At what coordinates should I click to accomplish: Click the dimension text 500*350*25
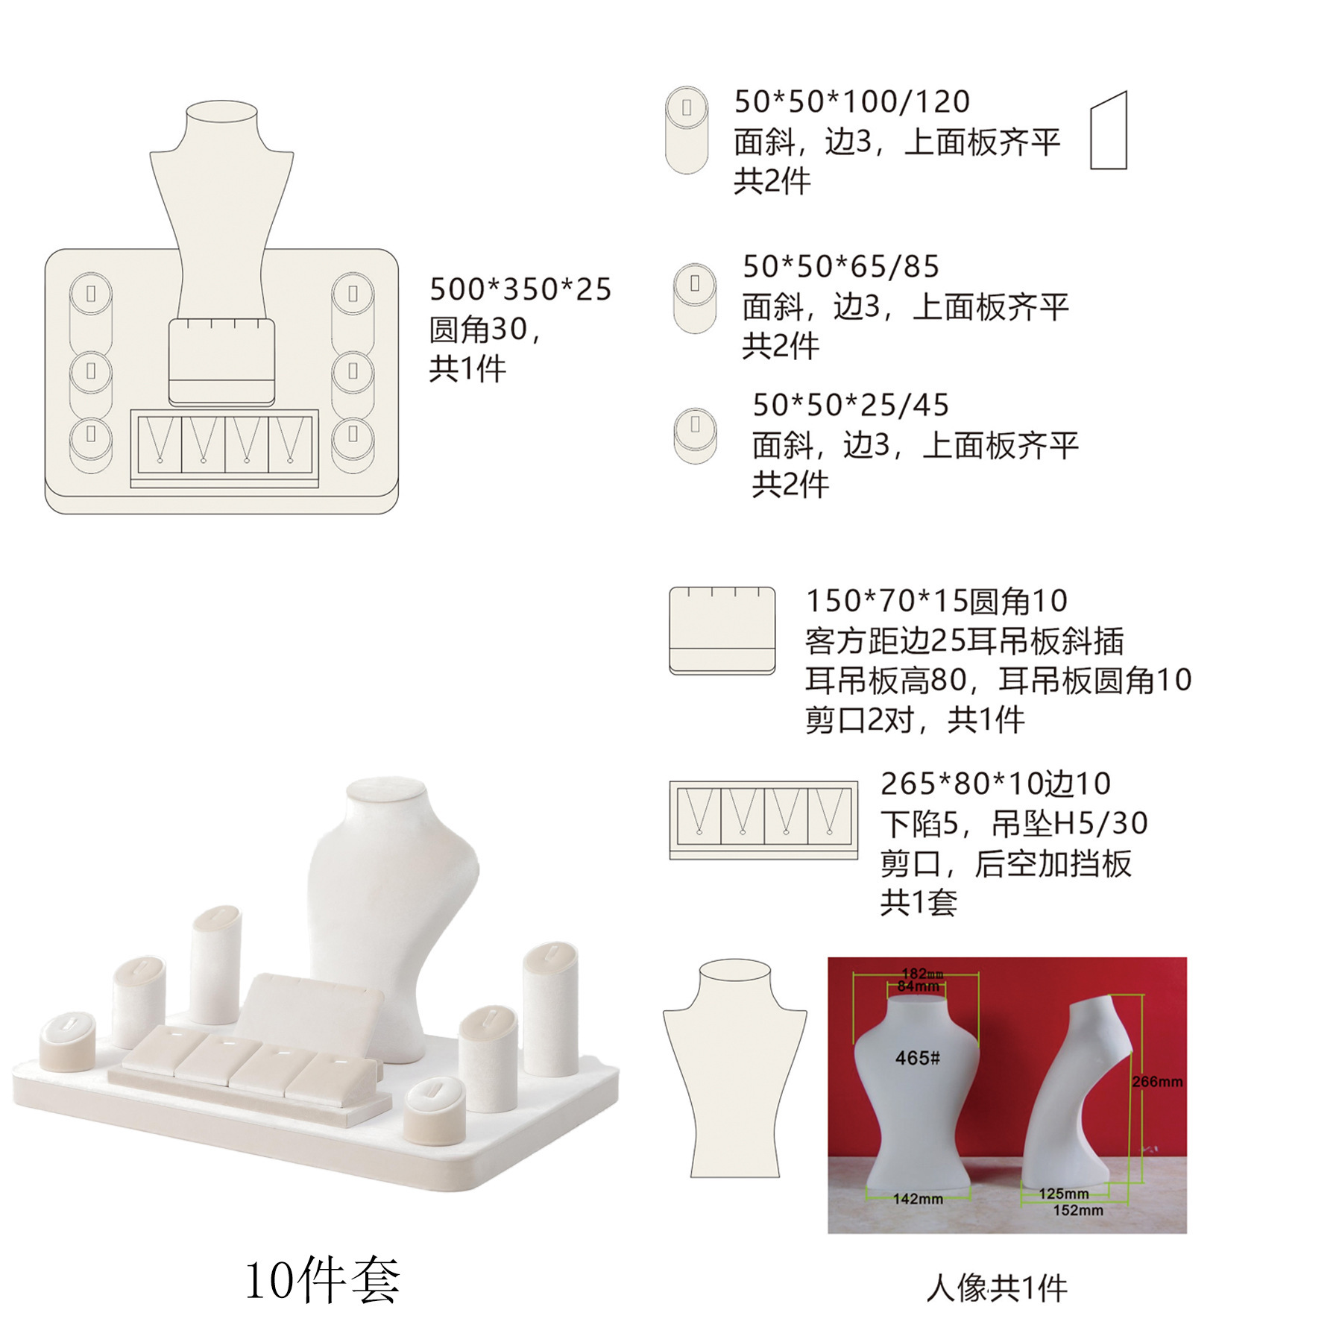click(520, 289)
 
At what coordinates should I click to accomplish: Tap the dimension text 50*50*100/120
click(851, 101)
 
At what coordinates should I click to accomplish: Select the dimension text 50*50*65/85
click(840, 266)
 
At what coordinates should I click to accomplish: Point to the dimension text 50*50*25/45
click(850, 405)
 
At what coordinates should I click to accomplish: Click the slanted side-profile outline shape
click(1109, 131)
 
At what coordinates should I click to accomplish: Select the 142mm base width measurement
click(918, 1199)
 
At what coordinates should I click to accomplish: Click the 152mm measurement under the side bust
click(1077, 1210)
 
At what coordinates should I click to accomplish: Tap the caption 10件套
click(322, 1279)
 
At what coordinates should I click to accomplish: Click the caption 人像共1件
click(996, 1288)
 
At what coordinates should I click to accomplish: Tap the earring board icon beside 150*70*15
click(722, 630)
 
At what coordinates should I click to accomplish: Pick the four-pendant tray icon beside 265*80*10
click(763, 819)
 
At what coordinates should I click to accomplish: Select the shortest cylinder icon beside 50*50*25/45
click(695, 435)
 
